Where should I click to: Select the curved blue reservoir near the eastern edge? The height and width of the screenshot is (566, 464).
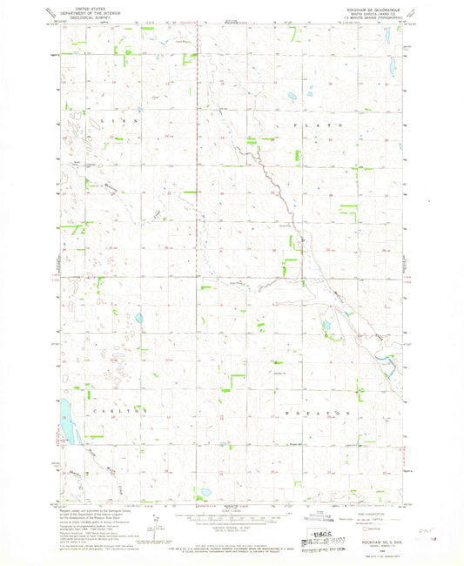[390, 364]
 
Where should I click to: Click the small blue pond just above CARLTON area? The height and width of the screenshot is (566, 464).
[138, 320]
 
